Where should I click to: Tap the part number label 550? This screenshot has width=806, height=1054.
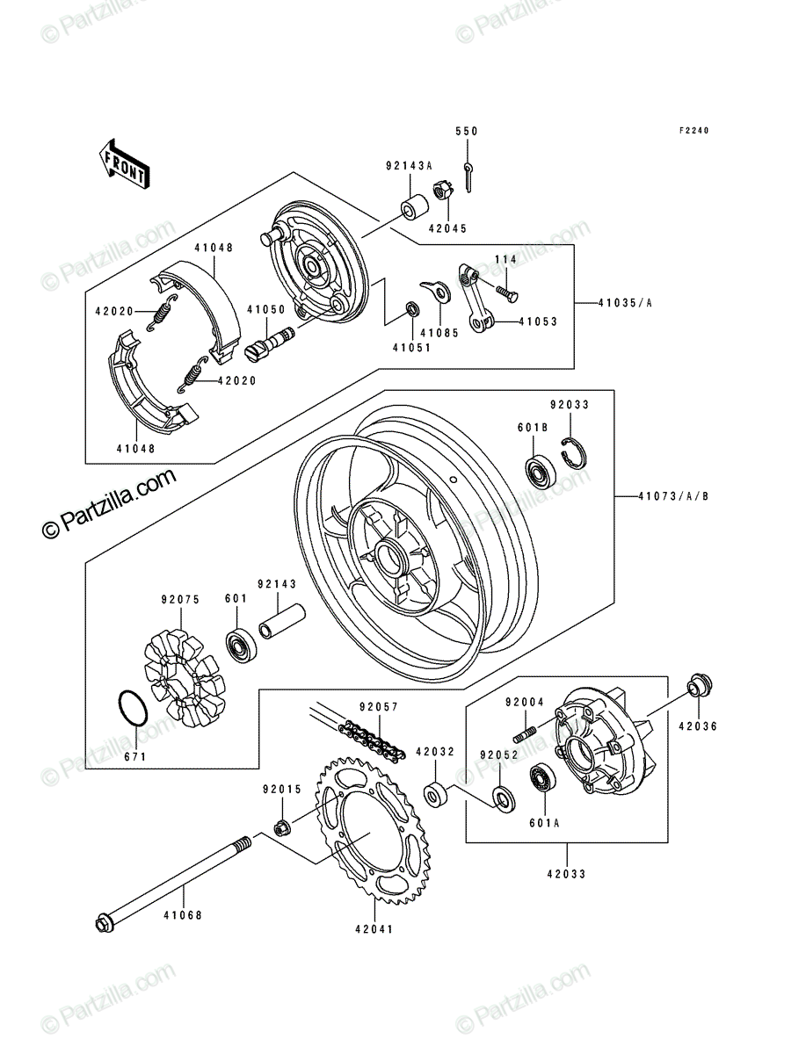click(467, 131)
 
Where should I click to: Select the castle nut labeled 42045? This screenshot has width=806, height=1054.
click(443, 191)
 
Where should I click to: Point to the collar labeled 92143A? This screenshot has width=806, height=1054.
click(414, 207)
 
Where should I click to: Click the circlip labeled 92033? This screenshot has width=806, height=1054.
click(573, 453)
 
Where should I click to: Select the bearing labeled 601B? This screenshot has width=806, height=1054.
click(541, 473)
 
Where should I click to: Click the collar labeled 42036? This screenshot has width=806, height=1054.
click(701, 685)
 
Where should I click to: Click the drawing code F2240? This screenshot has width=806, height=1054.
click(693, 131)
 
